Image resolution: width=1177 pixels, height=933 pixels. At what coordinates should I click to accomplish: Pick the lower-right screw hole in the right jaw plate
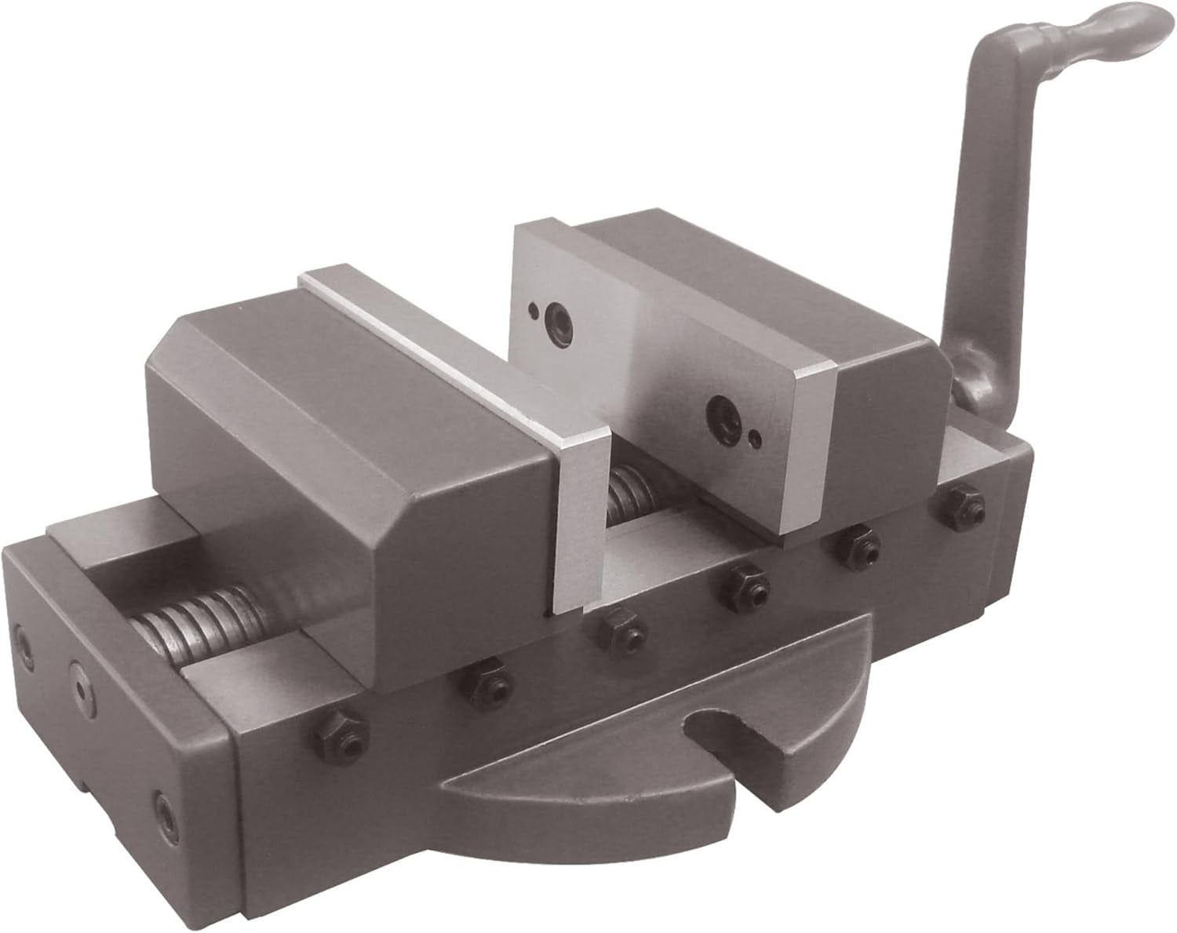[x=720, y=410]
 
